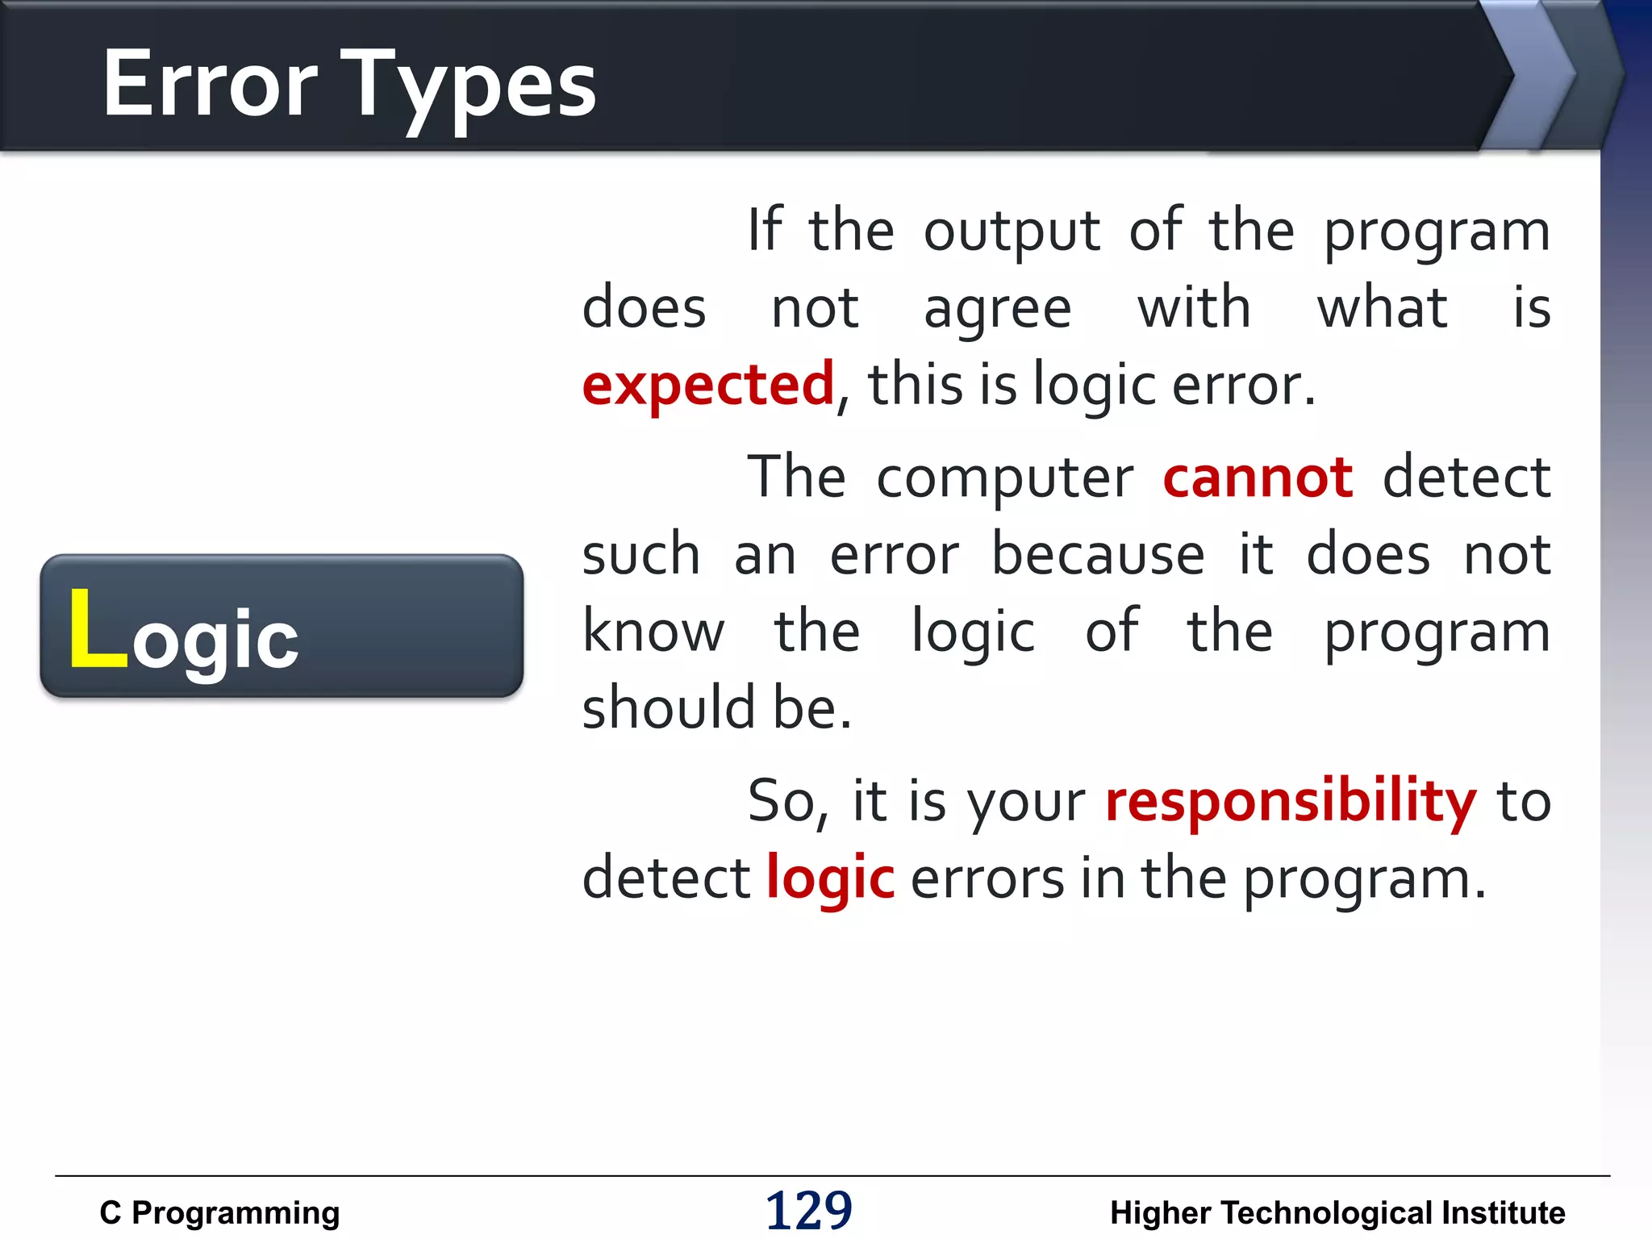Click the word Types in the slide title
click(x=472, y=87)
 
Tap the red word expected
click(x=707, y=386)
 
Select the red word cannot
click(x=1257, y=478)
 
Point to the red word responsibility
click(x=1290, y=803)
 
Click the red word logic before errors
click(x=830, y=879)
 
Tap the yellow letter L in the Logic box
click(x=97, y=629)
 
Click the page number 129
click(x=808, y=1210)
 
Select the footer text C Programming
click(x=219, y=1213)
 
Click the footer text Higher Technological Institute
click(x=1337, y=1213)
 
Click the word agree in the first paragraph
click(x=997, y=310)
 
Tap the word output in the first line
click(x=1012, y=232)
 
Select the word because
click(x=1098, y=555)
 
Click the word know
click(x=653, y=632)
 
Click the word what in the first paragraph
click(x=1382, y=308)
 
